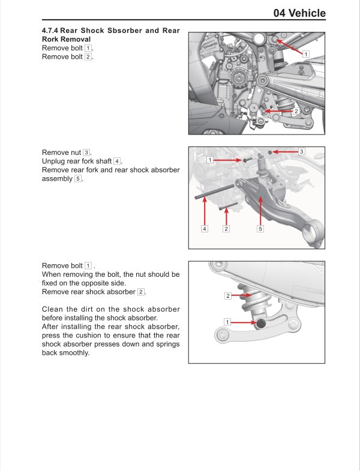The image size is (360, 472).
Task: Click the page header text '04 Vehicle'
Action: tap(299, 13)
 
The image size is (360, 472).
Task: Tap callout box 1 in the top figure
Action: tap(305, 54)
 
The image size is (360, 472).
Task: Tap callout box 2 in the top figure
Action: tap(296, 111)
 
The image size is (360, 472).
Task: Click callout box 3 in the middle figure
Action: tap(302, 151)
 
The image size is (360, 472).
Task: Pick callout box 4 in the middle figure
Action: tap(204, 228)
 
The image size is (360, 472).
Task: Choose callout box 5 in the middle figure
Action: tap(260, 228)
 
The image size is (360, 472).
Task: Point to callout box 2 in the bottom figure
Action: tap(228, 295)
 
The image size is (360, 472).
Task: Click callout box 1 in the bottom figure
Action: tap(227, 322)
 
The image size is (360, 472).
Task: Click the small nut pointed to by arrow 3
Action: tap(271, 153)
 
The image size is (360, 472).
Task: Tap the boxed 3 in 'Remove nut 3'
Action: tap(86, 153)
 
